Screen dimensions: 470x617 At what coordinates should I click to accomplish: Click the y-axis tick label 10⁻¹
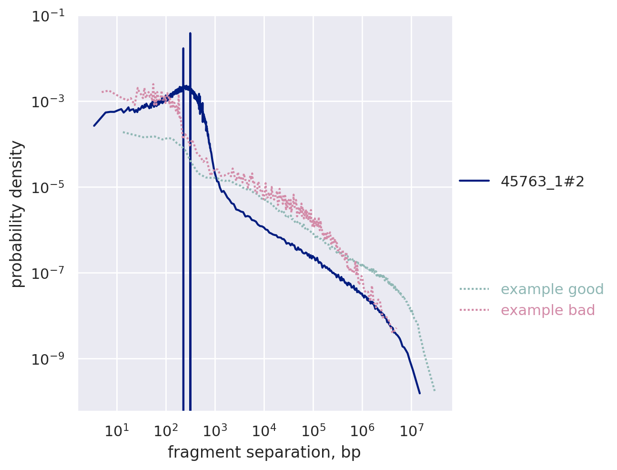pos(51,16)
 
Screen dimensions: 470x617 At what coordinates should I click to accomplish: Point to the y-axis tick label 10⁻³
pos(51,101)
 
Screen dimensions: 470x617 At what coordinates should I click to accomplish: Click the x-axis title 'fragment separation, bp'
pos(264,453)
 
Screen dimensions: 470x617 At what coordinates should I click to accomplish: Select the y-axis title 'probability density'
pos(17,214)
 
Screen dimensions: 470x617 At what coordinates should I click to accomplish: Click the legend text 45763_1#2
pos(542,182)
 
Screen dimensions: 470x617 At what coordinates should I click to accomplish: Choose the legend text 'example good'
pos(552,289)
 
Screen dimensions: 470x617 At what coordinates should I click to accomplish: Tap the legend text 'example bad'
pos(548,310)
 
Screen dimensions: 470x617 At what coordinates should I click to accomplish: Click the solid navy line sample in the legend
pos(474,181)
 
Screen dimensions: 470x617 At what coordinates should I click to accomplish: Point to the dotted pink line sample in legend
pos(474,310)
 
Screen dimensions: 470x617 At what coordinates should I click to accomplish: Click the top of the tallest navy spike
pos(190,33)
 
